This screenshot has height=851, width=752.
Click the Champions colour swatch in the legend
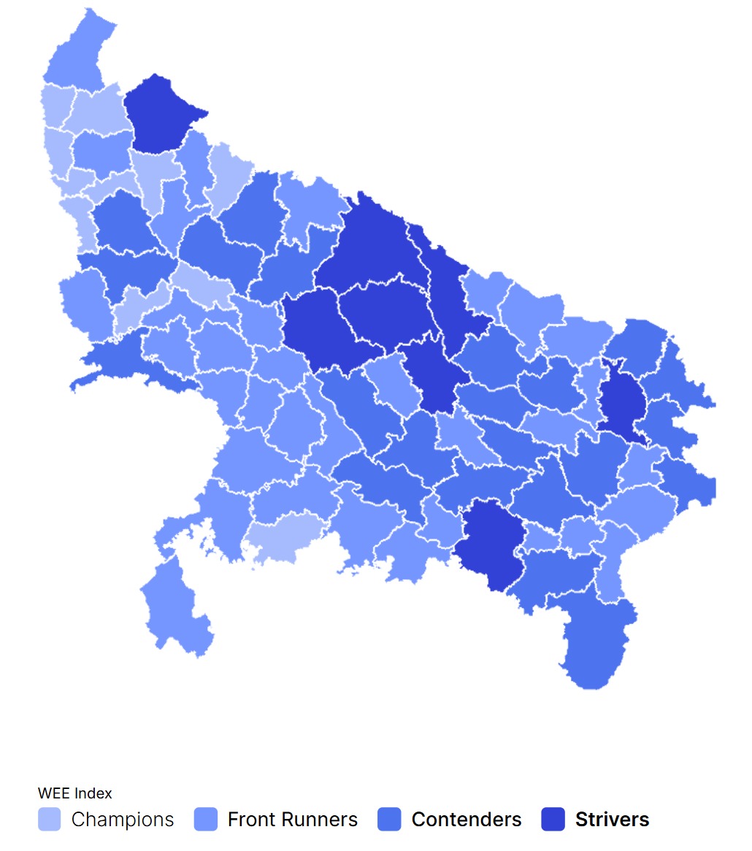50,820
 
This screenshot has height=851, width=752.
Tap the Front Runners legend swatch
206,820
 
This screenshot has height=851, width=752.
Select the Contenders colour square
390,820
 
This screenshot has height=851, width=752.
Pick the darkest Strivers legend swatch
553,820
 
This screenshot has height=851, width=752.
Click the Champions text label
123,820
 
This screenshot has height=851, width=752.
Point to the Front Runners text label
293,820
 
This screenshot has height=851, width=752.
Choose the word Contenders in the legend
467,820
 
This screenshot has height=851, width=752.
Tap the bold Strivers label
612,820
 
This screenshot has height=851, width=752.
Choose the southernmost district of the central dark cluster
437,376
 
